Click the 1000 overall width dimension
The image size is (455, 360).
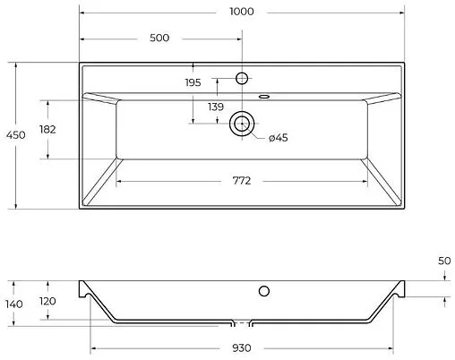[x=241, y=13]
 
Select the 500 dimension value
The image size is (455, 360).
[x=160, y=39]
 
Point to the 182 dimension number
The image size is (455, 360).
[x=48, y=130]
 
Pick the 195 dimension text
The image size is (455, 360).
[x=193, y=82]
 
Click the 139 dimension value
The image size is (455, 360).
[x=215, y=107]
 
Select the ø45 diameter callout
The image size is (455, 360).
[x=278, y=137]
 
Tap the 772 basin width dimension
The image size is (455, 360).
[x=241, y=180]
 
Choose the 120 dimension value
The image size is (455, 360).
[x=48, y=301]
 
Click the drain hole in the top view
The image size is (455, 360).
[x=241, y=124]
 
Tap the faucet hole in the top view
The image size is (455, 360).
[x=241, y=78]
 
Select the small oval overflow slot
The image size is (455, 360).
[x=265, y=94]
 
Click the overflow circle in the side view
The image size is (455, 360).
[x=264, y=290]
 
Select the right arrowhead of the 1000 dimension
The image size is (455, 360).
[x=401, y=13]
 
